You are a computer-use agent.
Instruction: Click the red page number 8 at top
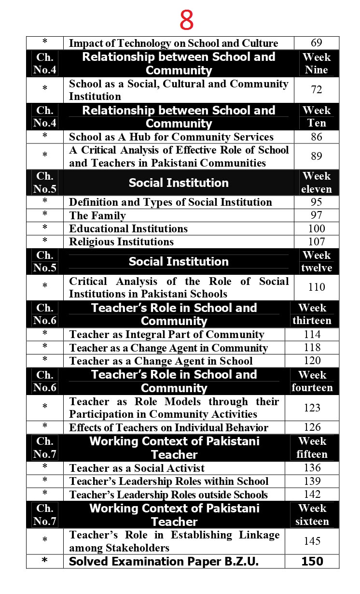(x=186, y=20)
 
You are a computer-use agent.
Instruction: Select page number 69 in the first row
(x=317, y=43)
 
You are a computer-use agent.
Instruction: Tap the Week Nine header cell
(x=317, y=63)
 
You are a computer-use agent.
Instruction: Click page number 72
(x=317, y=90)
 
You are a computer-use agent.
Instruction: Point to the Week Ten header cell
(x=317, y=117)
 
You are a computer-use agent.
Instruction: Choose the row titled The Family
(x=97, y=215)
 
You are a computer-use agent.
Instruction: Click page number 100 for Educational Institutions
(x=317, y=228)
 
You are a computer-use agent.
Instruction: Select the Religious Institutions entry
(x=121, y=241)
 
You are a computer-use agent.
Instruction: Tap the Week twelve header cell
(x=317, y=261)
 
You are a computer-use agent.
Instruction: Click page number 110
(x=317, y=287)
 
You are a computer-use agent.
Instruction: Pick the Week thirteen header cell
(x=312, y=314)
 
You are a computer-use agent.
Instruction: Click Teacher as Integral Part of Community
(x=166, y=334)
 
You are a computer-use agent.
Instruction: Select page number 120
(x=312, y=360)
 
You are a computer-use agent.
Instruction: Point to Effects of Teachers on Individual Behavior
(x=168, y=427)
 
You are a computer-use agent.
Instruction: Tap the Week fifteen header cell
(x=312, y=448)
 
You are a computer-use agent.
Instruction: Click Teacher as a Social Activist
(x=137, y=468)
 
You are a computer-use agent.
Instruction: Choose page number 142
(x=312, y=494)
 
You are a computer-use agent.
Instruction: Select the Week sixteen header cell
(x=312, y=515)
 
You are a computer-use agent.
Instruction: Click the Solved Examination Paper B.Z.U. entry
(x=164, y=561)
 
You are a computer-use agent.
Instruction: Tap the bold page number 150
(x=312, y=561)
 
